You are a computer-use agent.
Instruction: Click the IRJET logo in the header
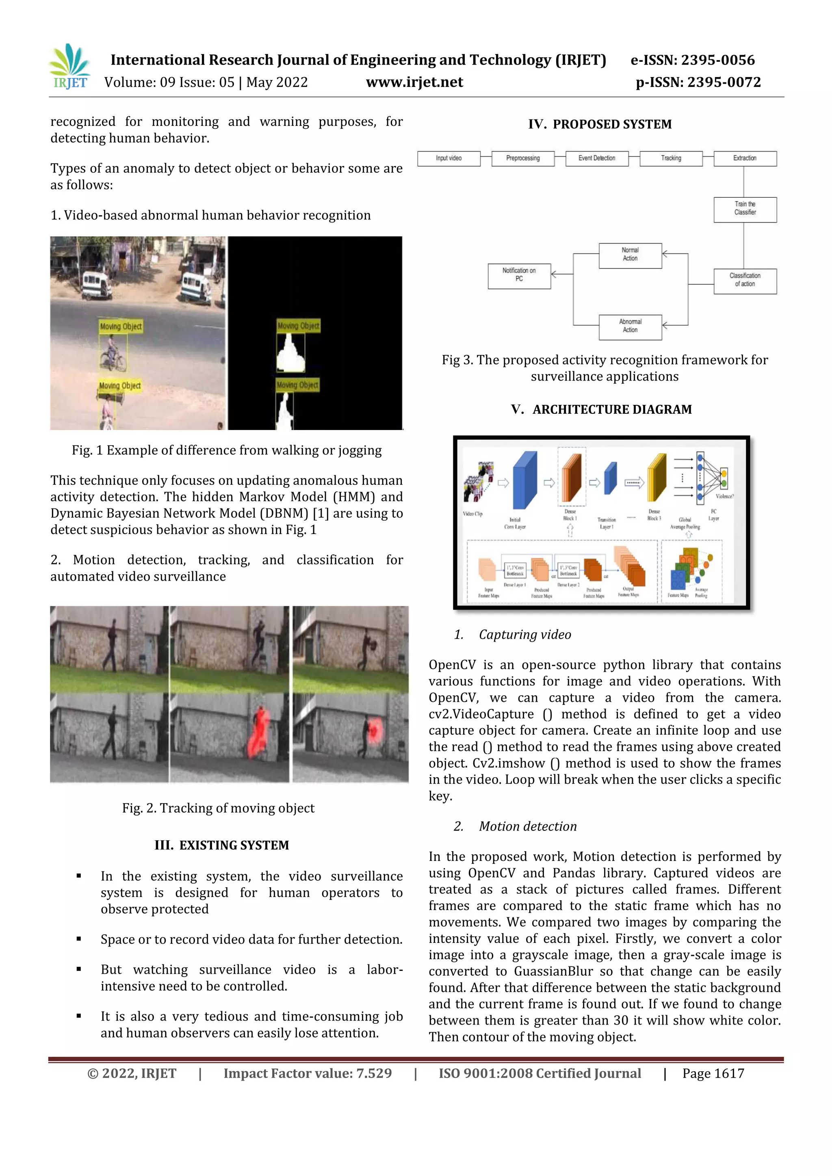tap(70, 67)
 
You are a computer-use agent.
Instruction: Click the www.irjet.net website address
tap(414, 82)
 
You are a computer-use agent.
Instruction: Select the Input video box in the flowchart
tap(449, 158)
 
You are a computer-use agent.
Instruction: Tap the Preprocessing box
tap(522, 158)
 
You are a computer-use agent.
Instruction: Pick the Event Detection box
tap(597, 158)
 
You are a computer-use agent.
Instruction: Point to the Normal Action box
tap(630, 255)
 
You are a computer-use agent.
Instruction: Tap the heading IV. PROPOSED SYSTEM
tap(600, 125)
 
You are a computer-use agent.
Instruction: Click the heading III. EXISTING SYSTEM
tap(222, 845)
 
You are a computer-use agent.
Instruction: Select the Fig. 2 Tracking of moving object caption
tap(218, 808)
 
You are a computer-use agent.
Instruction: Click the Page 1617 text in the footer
tap(713, 1074)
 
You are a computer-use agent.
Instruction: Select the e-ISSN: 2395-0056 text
tap(693, 60)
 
